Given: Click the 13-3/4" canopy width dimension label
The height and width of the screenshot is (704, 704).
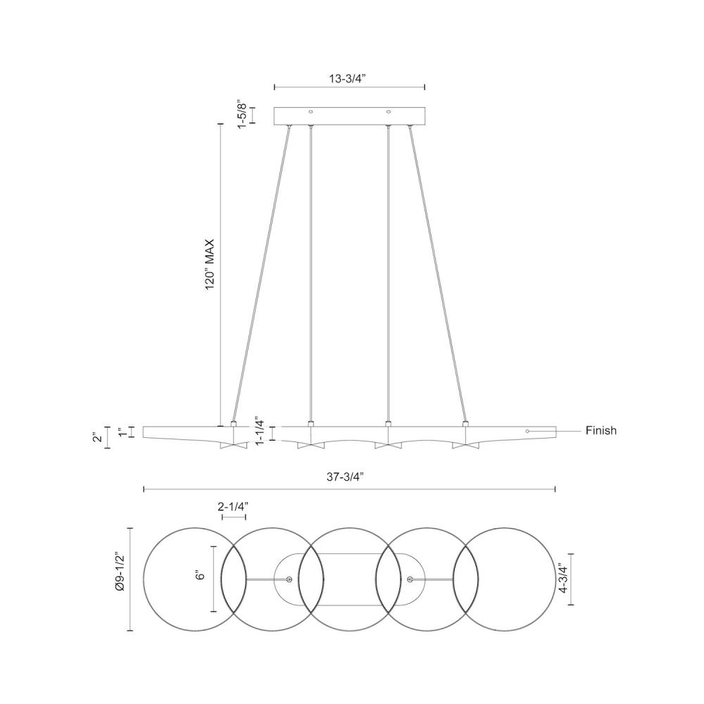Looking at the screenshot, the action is pos(348,79).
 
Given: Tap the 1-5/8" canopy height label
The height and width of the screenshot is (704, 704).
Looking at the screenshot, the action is pos(242,114).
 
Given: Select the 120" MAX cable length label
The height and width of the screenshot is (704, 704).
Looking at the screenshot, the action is pos(210,265).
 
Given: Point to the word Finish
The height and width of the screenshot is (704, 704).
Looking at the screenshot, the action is pos(601,431).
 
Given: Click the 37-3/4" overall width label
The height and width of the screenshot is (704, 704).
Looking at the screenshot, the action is pos(345,477).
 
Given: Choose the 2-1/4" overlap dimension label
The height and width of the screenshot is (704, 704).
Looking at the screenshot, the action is pos(233,507).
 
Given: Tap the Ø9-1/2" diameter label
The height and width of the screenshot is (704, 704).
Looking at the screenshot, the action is pos(120,579).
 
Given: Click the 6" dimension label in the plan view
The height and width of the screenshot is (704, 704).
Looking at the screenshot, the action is pos(200,576).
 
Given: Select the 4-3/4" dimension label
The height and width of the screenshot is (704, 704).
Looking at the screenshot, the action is pos(564,579).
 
